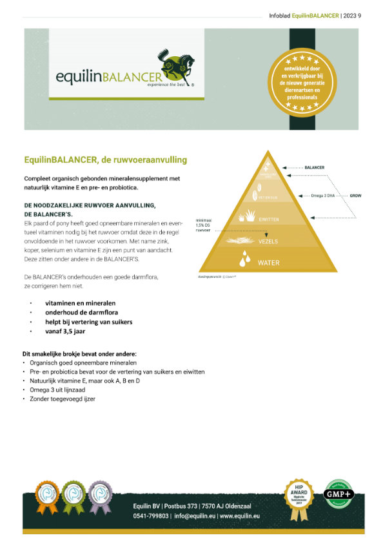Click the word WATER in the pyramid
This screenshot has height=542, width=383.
268,263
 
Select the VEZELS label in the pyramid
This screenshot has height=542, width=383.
268,240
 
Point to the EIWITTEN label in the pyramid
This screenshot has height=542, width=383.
268,220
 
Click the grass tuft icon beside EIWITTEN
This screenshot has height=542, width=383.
247,218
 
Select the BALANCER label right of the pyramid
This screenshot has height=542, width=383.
314,167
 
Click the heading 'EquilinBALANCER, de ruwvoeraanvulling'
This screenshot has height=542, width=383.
105,159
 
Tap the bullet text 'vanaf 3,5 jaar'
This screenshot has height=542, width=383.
65,331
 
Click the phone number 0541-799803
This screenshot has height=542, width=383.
151,516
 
